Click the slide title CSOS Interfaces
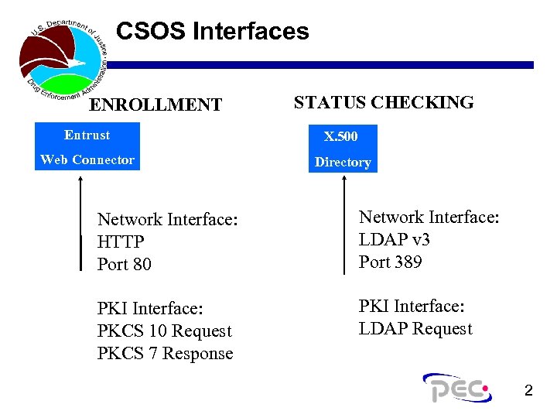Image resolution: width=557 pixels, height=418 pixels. point(212,32)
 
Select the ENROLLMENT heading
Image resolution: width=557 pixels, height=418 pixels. point(155,104)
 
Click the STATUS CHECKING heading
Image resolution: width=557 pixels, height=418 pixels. point(384,102)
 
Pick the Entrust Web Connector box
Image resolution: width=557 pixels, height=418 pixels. point(87,147)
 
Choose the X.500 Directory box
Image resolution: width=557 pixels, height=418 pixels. point(342,149)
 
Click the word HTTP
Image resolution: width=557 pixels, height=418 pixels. point(121,242)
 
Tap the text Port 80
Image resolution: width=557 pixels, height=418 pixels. point(125,264)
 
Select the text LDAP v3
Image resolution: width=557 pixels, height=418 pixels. point(395,239)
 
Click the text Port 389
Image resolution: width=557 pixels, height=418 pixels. point(391,262)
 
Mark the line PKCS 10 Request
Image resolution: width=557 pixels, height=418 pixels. point(165,331)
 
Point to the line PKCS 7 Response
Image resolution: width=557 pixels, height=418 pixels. point(166,354)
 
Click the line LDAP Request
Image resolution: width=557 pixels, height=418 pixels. point(415,329)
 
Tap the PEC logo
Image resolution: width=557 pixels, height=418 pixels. point(456,388)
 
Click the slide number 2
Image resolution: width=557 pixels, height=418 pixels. point(528,391)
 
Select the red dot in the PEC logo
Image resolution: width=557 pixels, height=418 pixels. point(485,388)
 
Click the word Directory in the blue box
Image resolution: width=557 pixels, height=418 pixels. point(343,163)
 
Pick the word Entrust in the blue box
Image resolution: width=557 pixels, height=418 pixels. point(87,135)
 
